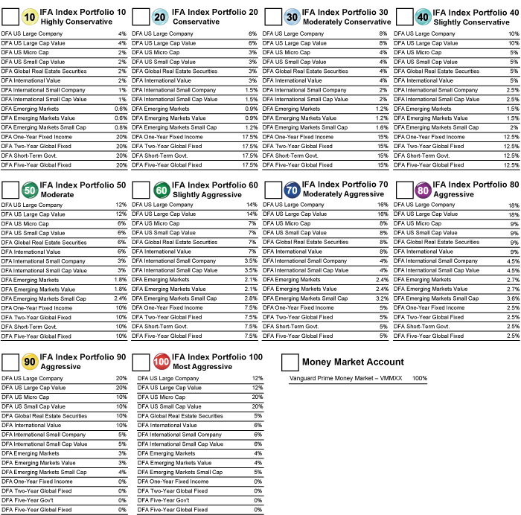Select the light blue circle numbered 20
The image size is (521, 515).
pos(160,17)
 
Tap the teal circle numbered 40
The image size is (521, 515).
pos(423,17)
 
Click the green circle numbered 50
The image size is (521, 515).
pos(30,191)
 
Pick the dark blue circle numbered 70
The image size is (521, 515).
pos(292,191)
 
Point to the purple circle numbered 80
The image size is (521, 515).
pos(423,191)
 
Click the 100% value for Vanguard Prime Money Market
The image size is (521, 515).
pos(420,378)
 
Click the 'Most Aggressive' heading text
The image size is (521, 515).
pos(202,367)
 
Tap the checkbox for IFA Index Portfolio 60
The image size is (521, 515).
pos(141,191)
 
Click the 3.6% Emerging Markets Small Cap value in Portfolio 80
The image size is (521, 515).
pos(513,298)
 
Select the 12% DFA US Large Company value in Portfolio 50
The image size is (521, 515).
pos(121,205)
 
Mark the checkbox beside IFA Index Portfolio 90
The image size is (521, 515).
pos(10,362)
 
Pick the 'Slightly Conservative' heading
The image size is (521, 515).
pos(471,22)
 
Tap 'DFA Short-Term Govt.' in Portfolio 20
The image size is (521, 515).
pos(159,156)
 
